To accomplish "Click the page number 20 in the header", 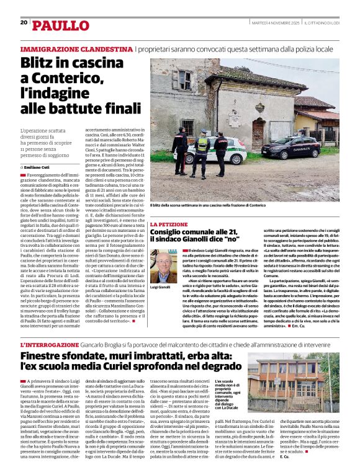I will [24, 22].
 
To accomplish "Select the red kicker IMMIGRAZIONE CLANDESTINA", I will [76, 49].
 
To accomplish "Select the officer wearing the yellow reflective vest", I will [202, 151].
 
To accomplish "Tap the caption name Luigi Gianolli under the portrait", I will [160, 287].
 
